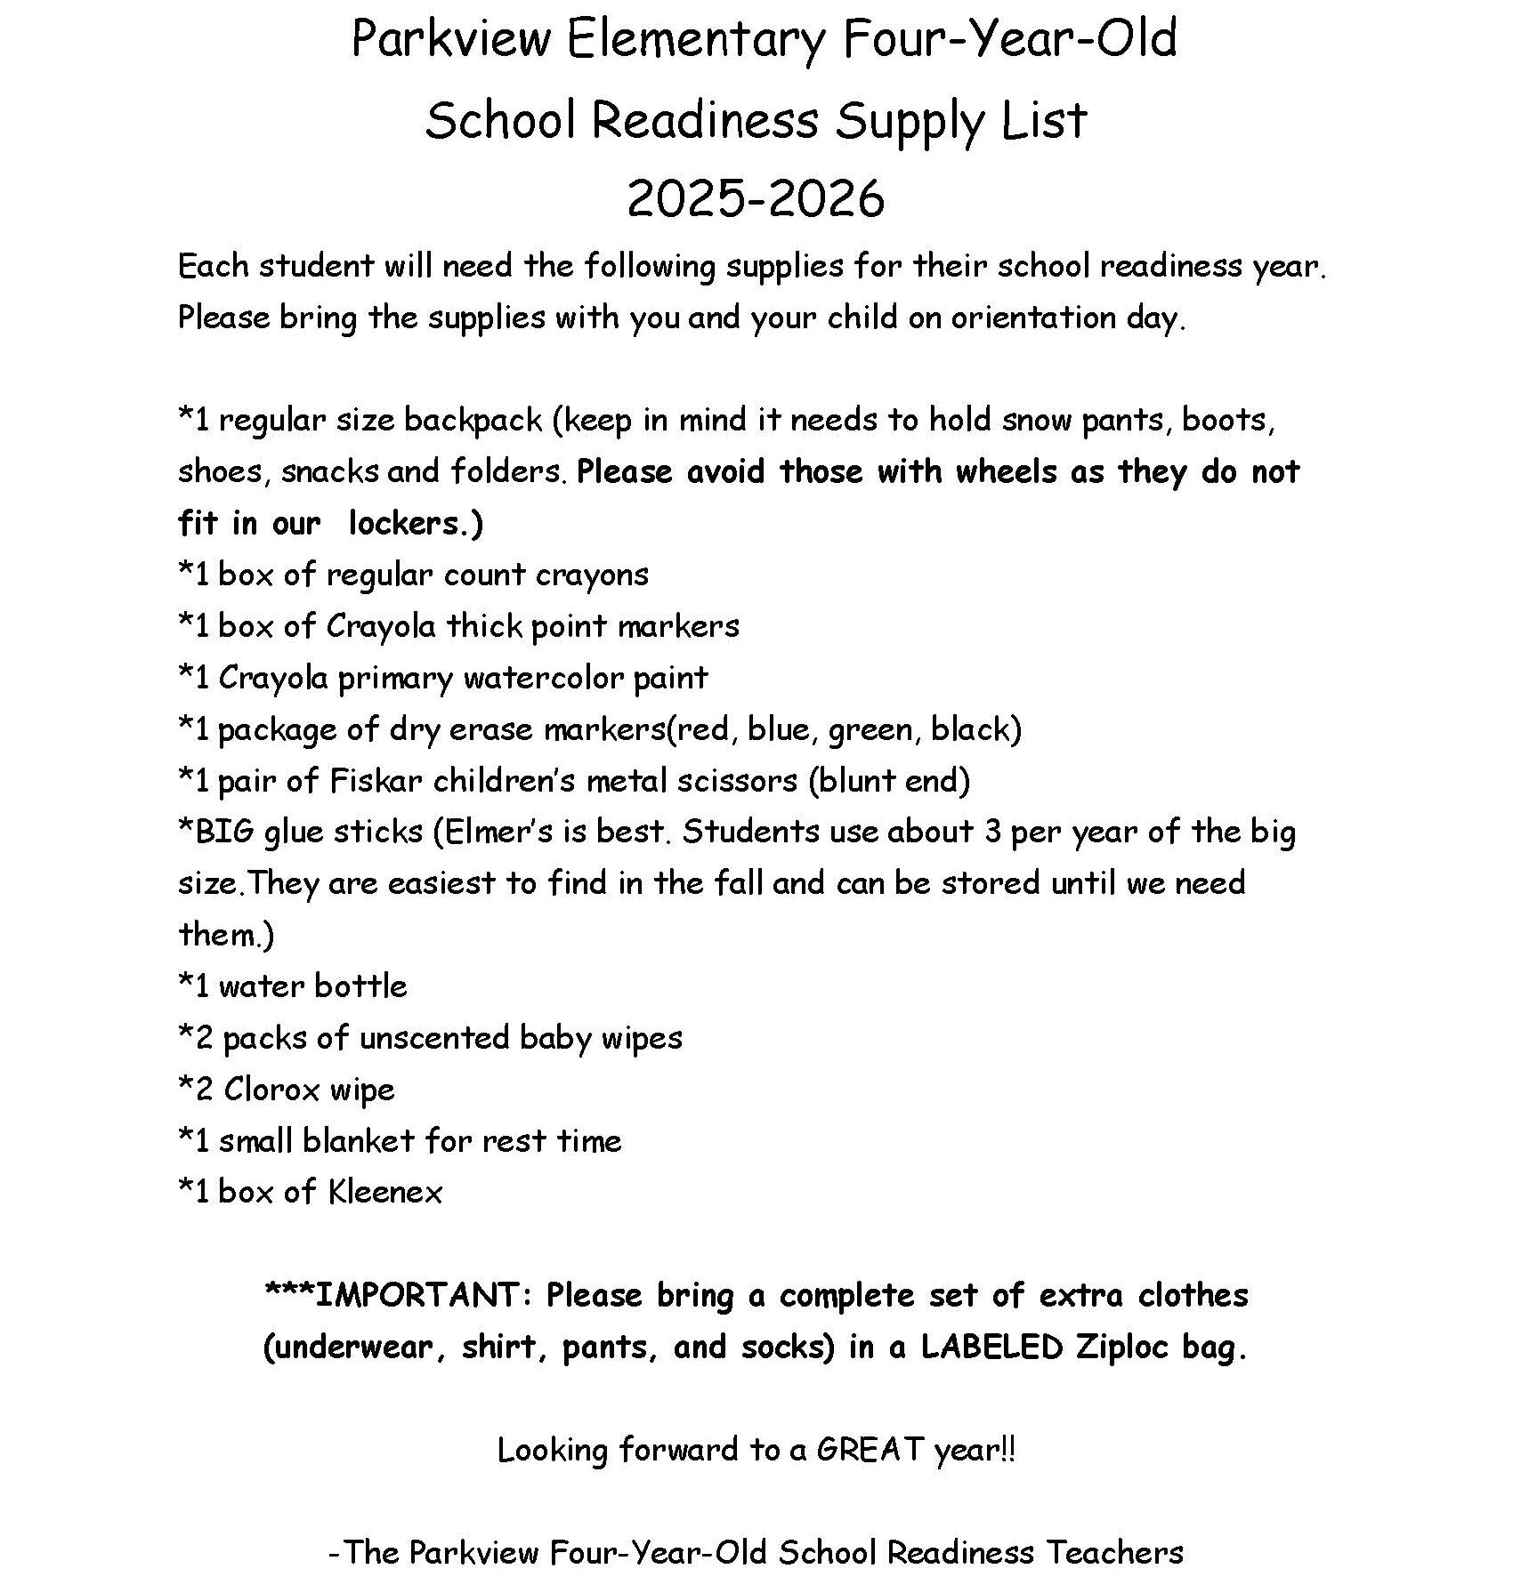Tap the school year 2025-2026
(x=756, y=197)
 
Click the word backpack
(x=473, y=420)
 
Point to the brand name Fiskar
(x=376, y=780)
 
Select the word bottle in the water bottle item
(x=360, y=986)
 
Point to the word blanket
(x=359, y=1141)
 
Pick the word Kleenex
(x=384, y=1193)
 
